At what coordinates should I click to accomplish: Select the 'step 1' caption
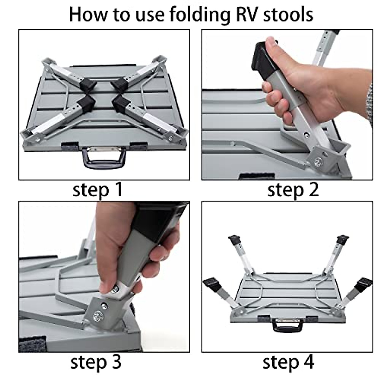tap(98, 190)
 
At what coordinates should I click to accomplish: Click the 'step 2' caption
tap(293, 190)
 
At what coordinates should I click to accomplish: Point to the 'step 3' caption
tap(96, 362)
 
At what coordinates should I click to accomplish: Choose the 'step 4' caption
tap(288, 362)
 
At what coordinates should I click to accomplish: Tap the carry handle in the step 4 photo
tap(288, 325)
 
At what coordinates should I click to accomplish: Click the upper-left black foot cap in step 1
tap(88, 84)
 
